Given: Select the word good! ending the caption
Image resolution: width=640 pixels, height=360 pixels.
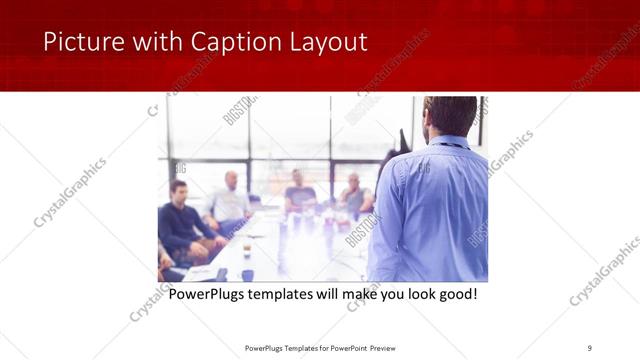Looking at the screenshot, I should [455, 295].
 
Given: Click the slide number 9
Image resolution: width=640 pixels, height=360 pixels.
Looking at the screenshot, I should [590, 347].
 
